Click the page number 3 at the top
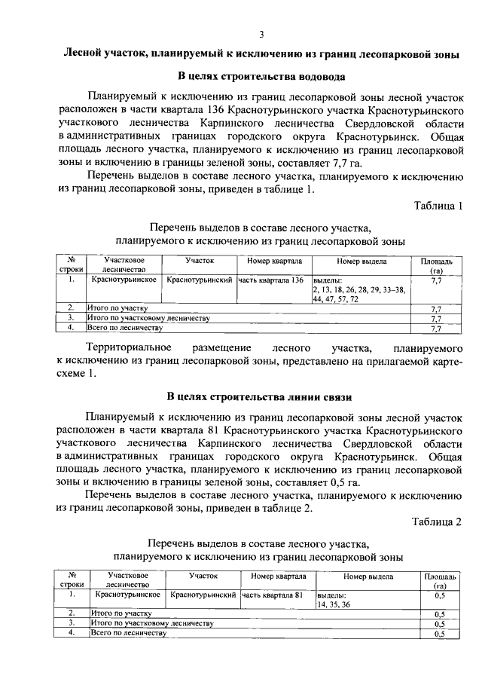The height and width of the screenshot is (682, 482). pos(261,34)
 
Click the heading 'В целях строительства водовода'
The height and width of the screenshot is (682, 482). pos(261,76)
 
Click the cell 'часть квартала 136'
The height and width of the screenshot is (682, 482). pos(271,280)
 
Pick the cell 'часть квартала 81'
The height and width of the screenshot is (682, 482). pos(272,595)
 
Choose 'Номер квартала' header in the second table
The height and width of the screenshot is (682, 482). pos(276,576)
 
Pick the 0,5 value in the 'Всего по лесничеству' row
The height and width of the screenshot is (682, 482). pos(441,634)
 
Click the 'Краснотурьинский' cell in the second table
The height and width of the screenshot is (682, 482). pos(203,595)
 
